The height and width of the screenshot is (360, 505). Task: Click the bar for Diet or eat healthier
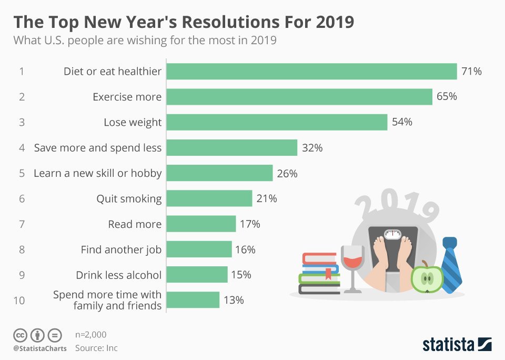(x=311, y=71)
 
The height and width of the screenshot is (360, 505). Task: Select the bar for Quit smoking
(x=209, y=198)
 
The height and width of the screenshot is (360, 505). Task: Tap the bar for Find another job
(x=199, y=249)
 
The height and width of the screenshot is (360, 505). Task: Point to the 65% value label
(x=447, y=97)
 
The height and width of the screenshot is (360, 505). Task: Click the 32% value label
(x=312, y=148)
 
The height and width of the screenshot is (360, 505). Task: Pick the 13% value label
(x=234, y=300)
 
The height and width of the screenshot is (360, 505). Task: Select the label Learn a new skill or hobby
(x=97, y=173)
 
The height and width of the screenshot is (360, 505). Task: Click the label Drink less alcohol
(x=118, y=275)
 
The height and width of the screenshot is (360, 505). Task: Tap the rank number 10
(x=19, y=301)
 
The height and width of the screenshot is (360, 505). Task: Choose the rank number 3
(x=22, y=123)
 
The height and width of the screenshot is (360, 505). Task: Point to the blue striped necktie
(x=451, y=265)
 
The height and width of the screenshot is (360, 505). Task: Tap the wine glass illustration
(x=352, y=266)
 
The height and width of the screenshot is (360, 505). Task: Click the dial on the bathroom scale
(x=392, y=234)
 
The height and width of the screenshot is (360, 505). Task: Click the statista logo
(x=457, y=345)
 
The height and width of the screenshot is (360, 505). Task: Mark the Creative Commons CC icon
(x=20, y=335)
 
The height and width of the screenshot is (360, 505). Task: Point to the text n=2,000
(x=91, y=335)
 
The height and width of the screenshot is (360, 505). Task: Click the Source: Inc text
(x=96, y=348)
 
